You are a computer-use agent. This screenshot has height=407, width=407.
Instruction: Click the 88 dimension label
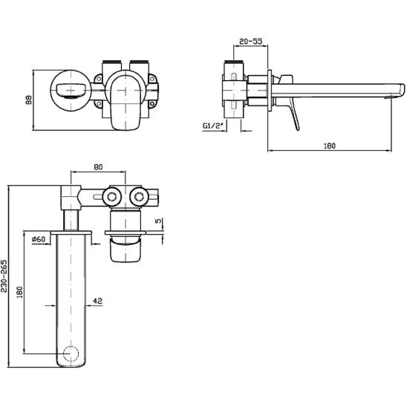(x=29, y=100)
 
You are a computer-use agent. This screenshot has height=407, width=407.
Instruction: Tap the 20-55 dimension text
(x=251, y=41)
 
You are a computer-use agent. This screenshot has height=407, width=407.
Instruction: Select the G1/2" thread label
(x=213, y=126)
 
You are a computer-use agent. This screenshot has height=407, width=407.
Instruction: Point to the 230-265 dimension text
(x=4, y=276)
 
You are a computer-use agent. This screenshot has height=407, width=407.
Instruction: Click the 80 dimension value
(x=98, y=167)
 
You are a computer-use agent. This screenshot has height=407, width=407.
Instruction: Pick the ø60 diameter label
(x=39, y=239)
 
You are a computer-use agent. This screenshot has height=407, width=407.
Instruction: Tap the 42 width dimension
(x=97, y=301)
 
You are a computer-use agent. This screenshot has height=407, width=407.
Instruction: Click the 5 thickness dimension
(x=158, y=221)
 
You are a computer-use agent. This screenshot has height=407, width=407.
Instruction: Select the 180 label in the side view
(x=330, y=146)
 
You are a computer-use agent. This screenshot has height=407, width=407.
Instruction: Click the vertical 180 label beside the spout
(x=20, y=292)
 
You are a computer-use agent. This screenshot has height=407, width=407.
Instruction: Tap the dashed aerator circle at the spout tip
(x=71, y=354)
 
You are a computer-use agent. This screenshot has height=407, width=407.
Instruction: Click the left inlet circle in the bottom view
(x=112, y=197)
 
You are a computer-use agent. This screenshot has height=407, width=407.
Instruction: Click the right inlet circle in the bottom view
(x=140, y=197)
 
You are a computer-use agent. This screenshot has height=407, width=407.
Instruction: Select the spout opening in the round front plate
(x=70, y=91)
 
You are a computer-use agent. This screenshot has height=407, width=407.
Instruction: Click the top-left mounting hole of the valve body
(x=99, y=79)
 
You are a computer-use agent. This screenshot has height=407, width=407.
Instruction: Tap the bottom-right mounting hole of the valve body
(x=152, y=104)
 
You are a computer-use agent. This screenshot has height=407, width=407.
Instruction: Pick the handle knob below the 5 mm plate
(x=126, y=250)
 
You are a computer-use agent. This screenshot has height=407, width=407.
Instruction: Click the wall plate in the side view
(x=270, y=91)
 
